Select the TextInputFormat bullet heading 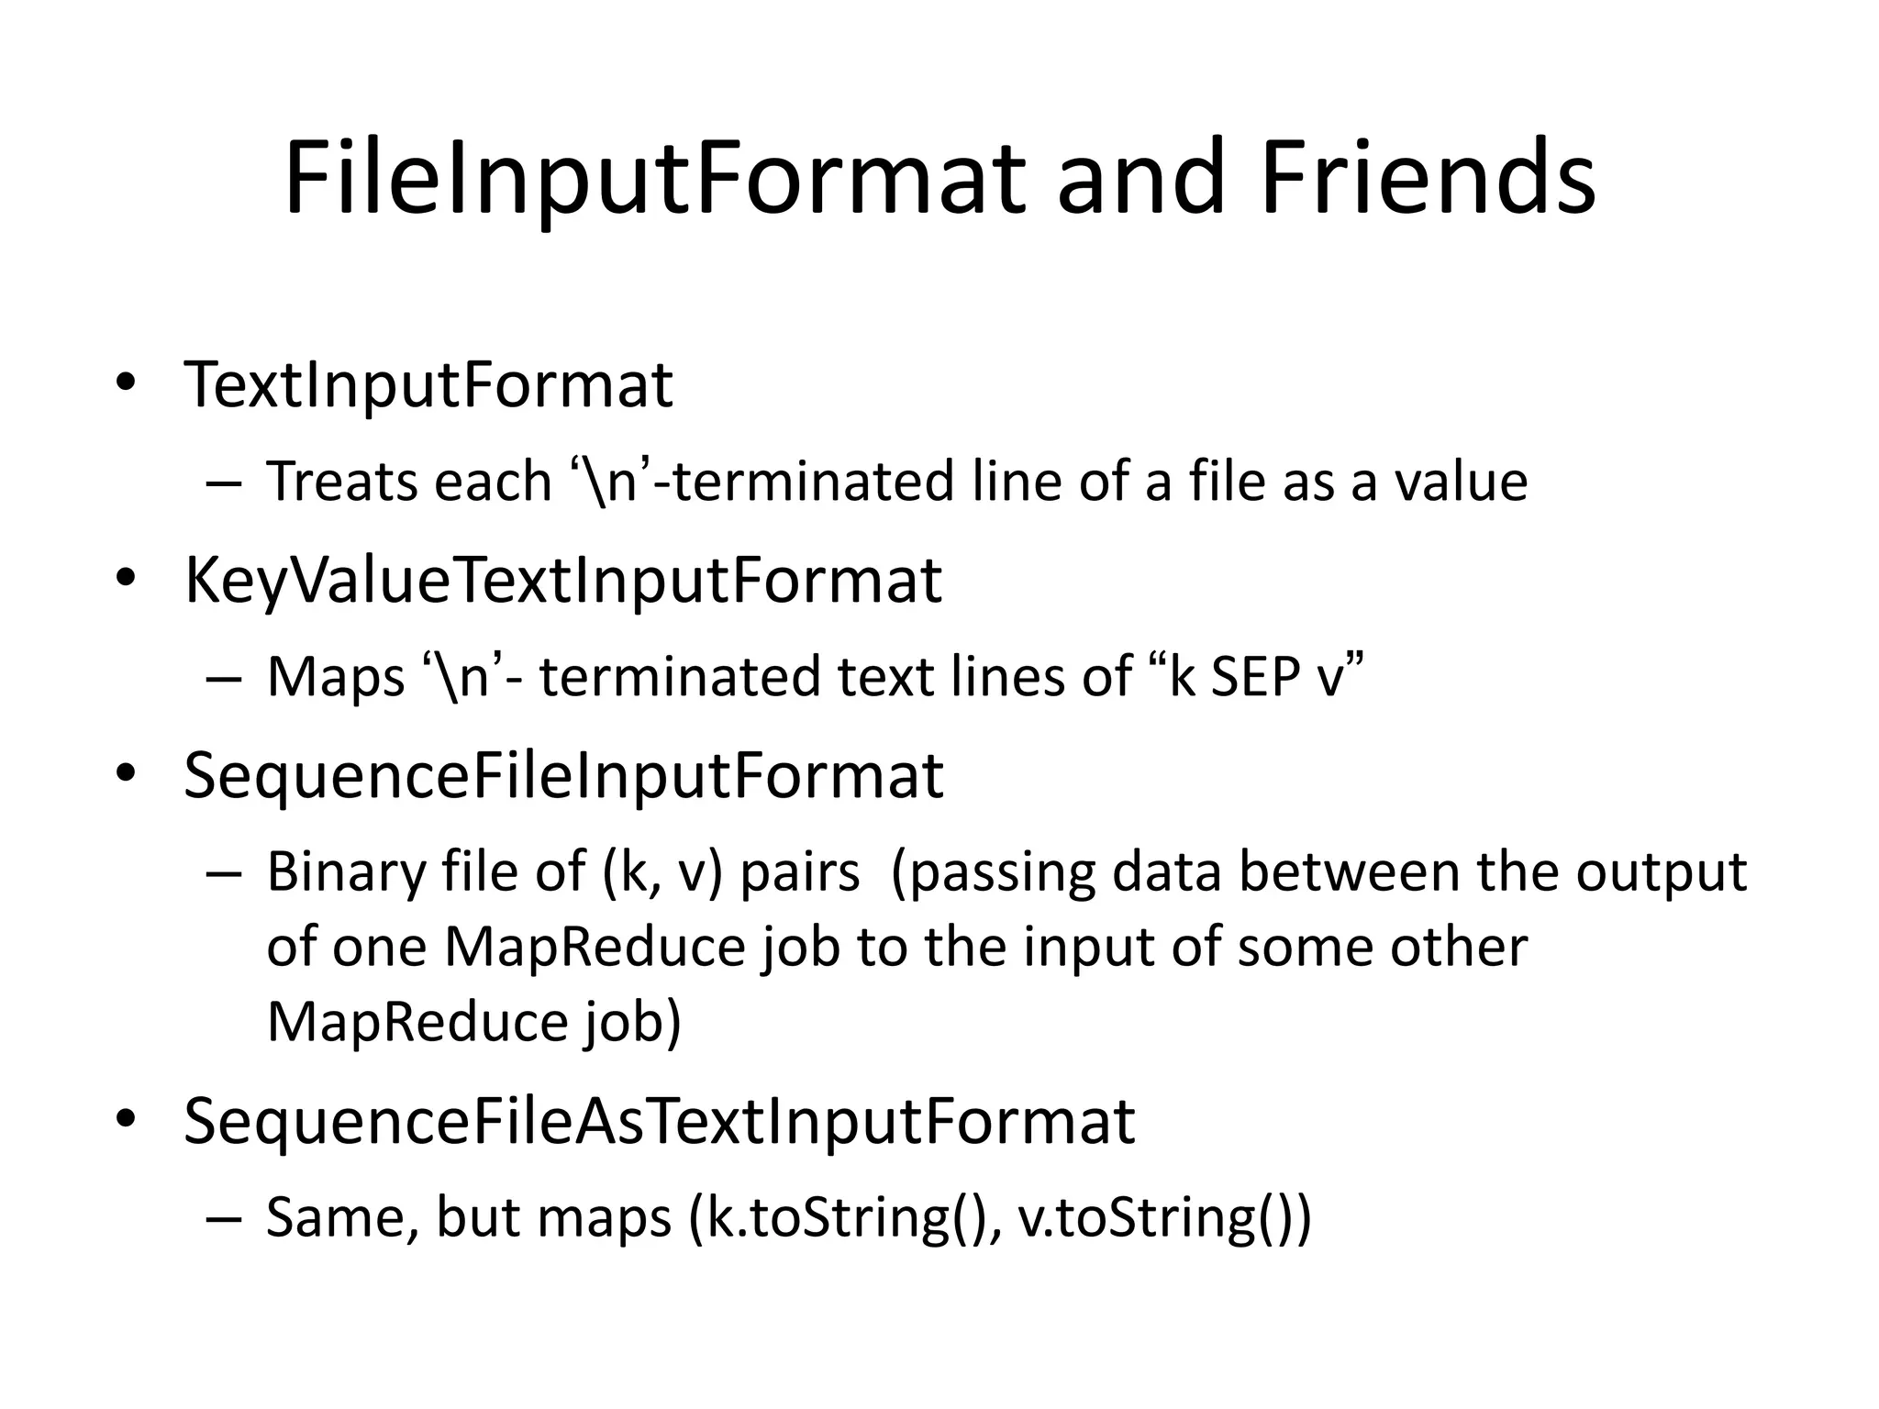[428, 384]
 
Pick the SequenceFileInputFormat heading [563, 776]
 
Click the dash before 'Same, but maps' [224, 1220]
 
